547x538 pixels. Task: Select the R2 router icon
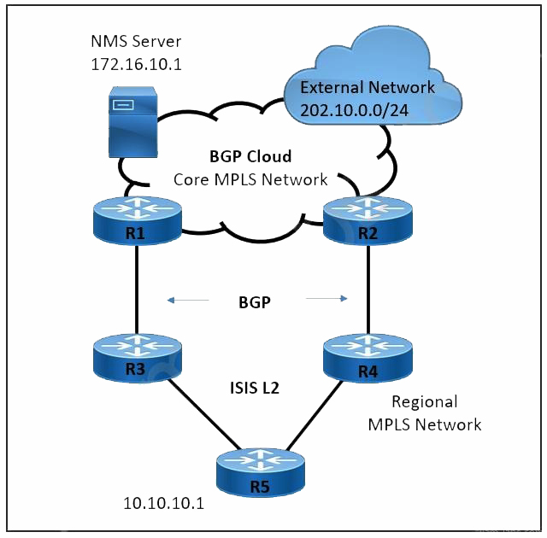tap(368, 220)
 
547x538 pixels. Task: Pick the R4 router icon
tap(368, 360)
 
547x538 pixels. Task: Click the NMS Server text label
tap(136, 42)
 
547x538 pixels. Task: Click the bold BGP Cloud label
tap(250, 157)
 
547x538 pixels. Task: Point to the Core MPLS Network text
tap(250, 179)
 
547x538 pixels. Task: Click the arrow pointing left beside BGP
tap(187, 300)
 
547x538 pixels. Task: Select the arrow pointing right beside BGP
tap(326, 299)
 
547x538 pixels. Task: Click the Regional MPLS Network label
tap(424, 412)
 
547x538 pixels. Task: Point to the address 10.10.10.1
tap(164, 503)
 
